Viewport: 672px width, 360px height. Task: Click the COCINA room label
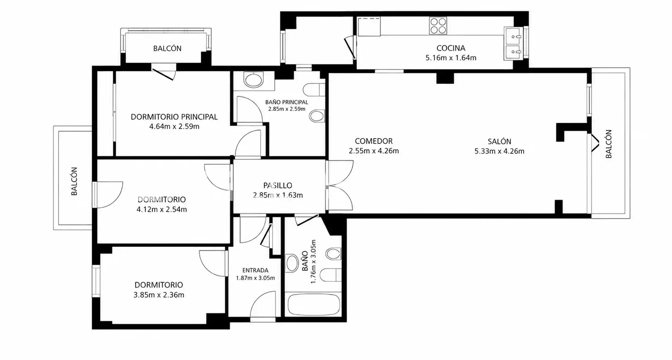pyautogui.click(x=451, y=48)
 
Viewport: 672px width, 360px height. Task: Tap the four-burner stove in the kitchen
pyautogui.click(x=438, y=25)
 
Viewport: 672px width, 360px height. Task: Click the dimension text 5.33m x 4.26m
pyautogui.click(x=499, y=151)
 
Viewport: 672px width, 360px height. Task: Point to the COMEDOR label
pyautogui.click(x=373, y=141)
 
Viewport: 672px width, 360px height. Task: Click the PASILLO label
pyautogui.click(x=277, y=185)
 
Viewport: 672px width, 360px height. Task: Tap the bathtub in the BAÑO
pyautogui.click(x=313, y=304)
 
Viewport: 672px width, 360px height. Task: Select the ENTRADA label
pyautogui.click(x=255, y=270)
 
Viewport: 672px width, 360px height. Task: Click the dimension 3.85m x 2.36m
pyautogui.click(x=159, y=295)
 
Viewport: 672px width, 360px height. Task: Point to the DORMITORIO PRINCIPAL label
pyautogui.click(x=174, y=117)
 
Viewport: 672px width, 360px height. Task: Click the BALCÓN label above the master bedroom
pyautogui.click(x=167, y=48)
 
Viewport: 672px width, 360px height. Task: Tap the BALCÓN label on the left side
pyautogui.click(x=74, y=181)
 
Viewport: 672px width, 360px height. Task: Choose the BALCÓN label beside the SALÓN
pyautogui.click(x=608, y=144)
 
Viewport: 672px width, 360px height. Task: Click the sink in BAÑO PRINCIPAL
pyautogui.click(x=254, y=80)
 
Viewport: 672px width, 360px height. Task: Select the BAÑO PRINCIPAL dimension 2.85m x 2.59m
pyautogui.click(x=286, y=109)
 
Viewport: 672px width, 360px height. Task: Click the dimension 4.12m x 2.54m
pyautogui.click(x=161, y=209)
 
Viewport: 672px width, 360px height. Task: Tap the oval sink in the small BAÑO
pyautogui.click(x=292, y=263)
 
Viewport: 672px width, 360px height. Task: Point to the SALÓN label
pyautogui.click(x=499, y=141)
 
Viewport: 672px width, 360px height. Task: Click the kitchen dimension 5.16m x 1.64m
pyautogui.click(x=451, y=58)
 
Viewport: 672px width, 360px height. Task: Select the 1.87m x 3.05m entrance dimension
pyautogui.click(x=255, y=278)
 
